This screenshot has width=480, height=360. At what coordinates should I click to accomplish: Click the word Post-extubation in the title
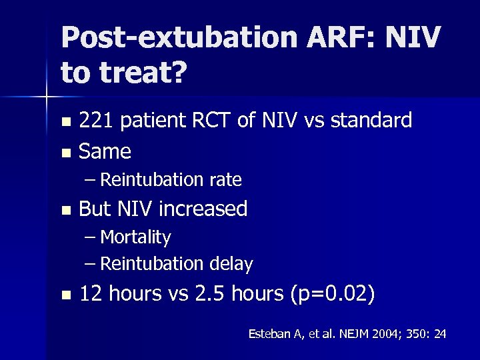[179, 38]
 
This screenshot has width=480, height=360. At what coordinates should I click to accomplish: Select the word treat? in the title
[139, 73]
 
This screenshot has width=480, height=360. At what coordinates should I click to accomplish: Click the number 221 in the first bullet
[95, 121]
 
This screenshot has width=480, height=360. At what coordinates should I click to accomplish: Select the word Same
[105, 151]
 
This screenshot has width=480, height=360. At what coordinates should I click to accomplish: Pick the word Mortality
[135, 237]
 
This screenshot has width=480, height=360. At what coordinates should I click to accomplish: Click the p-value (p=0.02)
[333, 294]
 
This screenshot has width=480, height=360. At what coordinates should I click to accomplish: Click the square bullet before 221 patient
[65, 122]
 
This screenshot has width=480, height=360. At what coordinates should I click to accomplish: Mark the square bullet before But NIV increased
[65, 210]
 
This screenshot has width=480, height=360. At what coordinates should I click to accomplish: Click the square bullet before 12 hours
[65, 295]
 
